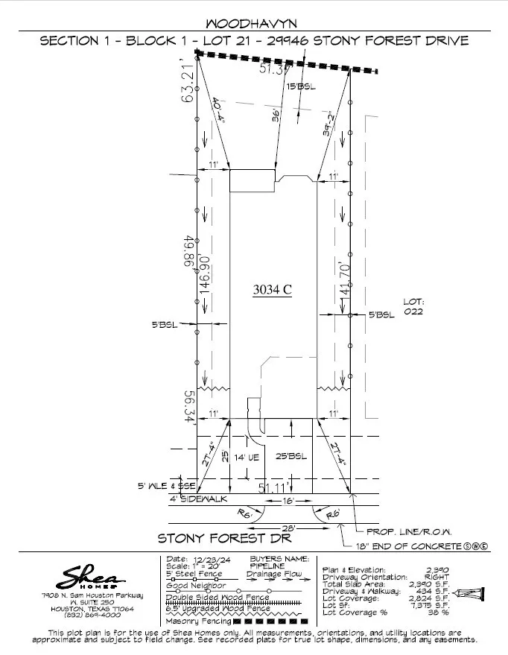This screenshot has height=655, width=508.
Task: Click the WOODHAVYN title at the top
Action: pos(253,24)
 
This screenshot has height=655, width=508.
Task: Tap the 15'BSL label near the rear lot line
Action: pos(300,87)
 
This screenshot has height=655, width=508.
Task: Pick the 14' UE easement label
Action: pos(247,458)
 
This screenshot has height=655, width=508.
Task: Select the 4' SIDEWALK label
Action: pos(200,499)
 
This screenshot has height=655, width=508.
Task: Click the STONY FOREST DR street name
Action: pos(223,538)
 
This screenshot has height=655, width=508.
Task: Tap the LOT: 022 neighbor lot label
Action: pos(413,307)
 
